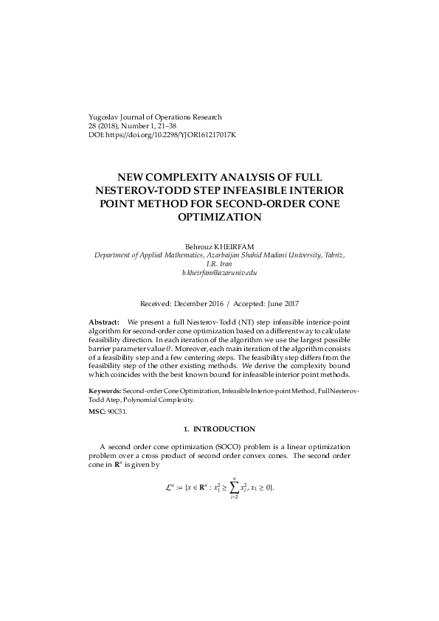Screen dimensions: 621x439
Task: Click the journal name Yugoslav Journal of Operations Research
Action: tap(154, 117)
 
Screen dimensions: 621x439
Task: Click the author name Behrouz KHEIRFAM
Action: tap(220, 245)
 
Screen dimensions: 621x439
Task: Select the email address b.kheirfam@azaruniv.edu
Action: tap(219, 273)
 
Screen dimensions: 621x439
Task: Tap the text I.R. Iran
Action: tap(219, 263)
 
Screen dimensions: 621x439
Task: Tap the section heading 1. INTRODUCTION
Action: tap(219, 429)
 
